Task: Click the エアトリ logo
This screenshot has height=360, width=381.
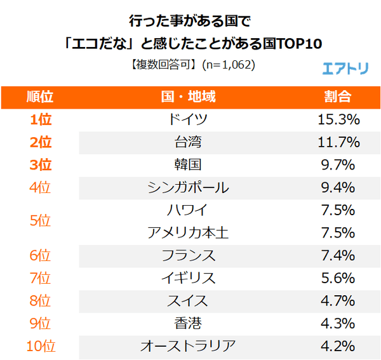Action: click(345, 68)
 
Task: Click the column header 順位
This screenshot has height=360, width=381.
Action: click(40, 97)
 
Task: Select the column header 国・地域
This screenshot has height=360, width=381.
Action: click(188, 97)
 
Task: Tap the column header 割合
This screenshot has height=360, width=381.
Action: click(338, 97)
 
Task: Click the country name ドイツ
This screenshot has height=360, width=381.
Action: click(188, 119)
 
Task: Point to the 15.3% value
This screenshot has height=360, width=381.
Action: click(338, 119)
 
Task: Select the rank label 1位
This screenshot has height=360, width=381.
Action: click(40, 119)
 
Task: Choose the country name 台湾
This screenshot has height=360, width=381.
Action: click(188, 142)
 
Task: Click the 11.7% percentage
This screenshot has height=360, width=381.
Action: click(338, 142)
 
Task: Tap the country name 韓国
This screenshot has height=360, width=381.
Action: click(188, 165)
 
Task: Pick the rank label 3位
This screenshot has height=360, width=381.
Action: click(40, 165)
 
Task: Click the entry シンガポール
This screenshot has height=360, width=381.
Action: click(188, 188)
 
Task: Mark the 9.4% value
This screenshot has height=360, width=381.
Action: click(338, 188)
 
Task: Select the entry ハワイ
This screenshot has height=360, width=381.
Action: click(188, 210)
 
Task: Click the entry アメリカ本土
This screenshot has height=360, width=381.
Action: click(188, 233)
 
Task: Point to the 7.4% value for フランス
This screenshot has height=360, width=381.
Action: click(338, 256)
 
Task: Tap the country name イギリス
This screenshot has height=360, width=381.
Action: click(188, 278)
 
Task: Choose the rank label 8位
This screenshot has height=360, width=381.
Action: click(40, 301)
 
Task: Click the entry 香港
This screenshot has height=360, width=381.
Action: click(188, 324)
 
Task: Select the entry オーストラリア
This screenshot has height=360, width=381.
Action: click(188, 346)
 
